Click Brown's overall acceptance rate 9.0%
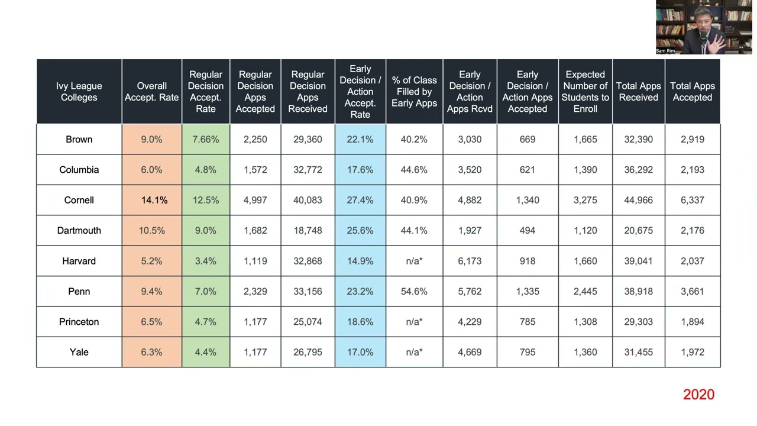tap(151, 140)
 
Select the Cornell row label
tap(79, 200)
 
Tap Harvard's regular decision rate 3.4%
tap(205, 261)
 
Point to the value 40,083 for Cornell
tap(308, 200)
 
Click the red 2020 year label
tap(698, 395)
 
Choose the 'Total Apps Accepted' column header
tap(692, 92)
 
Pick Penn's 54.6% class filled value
tap(414, 291)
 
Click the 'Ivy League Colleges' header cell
tap(79, 92)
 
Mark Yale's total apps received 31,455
tap(638, 352)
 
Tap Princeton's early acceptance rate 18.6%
tap(360, 322)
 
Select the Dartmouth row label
tap(79, 231)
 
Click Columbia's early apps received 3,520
tap(470, 170)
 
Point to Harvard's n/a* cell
tap(414, 261)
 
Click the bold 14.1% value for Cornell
tap(154, 200)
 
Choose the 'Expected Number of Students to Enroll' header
tap(585, 92)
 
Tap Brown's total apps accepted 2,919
tap(692, 140)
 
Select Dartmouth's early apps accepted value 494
tap(527, 231)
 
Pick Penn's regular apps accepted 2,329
tap(255, 291)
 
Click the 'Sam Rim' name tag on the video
tap(665, 51)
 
